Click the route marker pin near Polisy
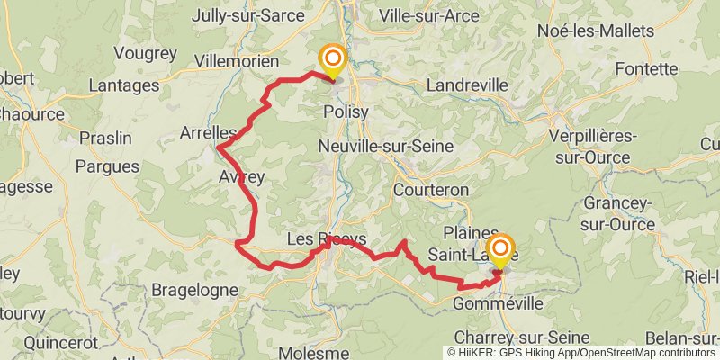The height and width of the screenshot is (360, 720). (333, 62)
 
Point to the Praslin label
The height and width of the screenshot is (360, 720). (105, 139)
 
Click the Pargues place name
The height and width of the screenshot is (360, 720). (108, 166)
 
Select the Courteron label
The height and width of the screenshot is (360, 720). (431, 190)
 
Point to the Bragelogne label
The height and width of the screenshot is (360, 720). (194, 290)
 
